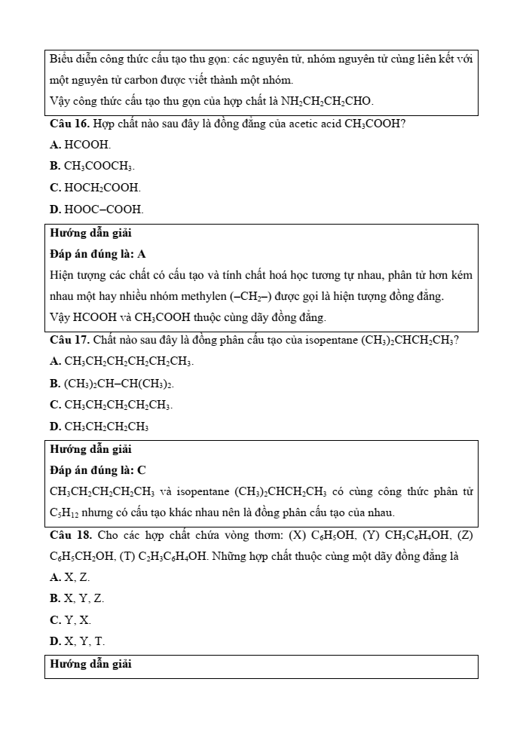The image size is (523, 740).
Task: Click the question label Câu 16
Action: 69,124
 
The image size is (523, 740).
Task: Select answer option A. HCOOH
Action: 80,145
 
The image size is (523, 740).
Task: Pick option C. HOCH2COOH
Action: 95,187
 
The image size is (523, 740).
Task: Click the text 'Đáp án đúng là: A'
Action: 98,254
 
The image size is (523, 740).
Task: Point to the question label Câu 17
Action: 69,340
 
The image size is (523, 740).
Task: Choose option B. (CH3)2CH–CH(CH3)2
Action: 117,384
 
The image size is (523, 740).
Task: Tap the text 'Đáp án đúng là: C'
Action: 98,470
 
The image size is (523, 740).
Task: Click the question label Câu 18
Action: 70,535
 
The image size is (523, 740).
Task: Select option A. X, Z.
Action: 69,577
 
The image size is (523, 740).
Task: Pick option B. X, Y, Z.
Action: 77,598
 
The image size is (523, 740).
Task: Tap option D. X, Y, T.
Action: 78,641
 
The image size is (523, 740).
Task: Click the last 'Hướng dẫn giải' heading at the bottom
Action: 90,665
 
